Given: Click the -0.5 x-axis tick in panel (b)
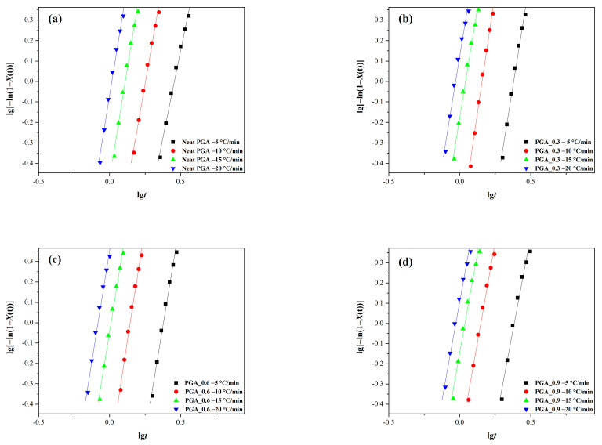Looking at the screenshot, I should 387,183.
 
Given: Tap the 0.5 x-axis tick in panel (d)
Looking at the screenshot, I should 531,423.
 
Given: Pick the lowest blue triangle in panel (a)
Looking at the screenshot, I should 100,163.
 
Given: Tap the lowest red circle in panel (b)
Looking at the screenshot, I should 471,166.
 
